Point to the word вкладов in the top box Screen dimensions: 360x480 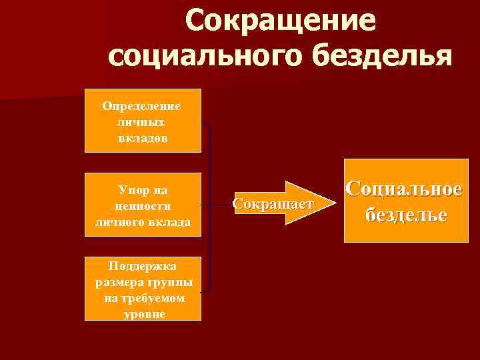(142, 139)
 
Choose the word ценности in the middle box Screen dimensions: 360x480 (143, 206)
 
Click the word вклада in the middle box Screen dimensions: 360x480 (169, 222)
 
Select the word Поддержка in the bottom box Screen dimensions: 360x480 (144, 266)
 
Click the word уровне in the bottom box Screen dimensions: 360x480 (143, 313)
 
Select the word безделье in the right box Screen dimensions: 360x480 (406, 215)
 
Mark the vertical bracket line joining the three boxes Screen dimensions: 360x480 (211, 207)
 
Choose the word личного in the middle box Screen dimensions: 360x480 (121, 222)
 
